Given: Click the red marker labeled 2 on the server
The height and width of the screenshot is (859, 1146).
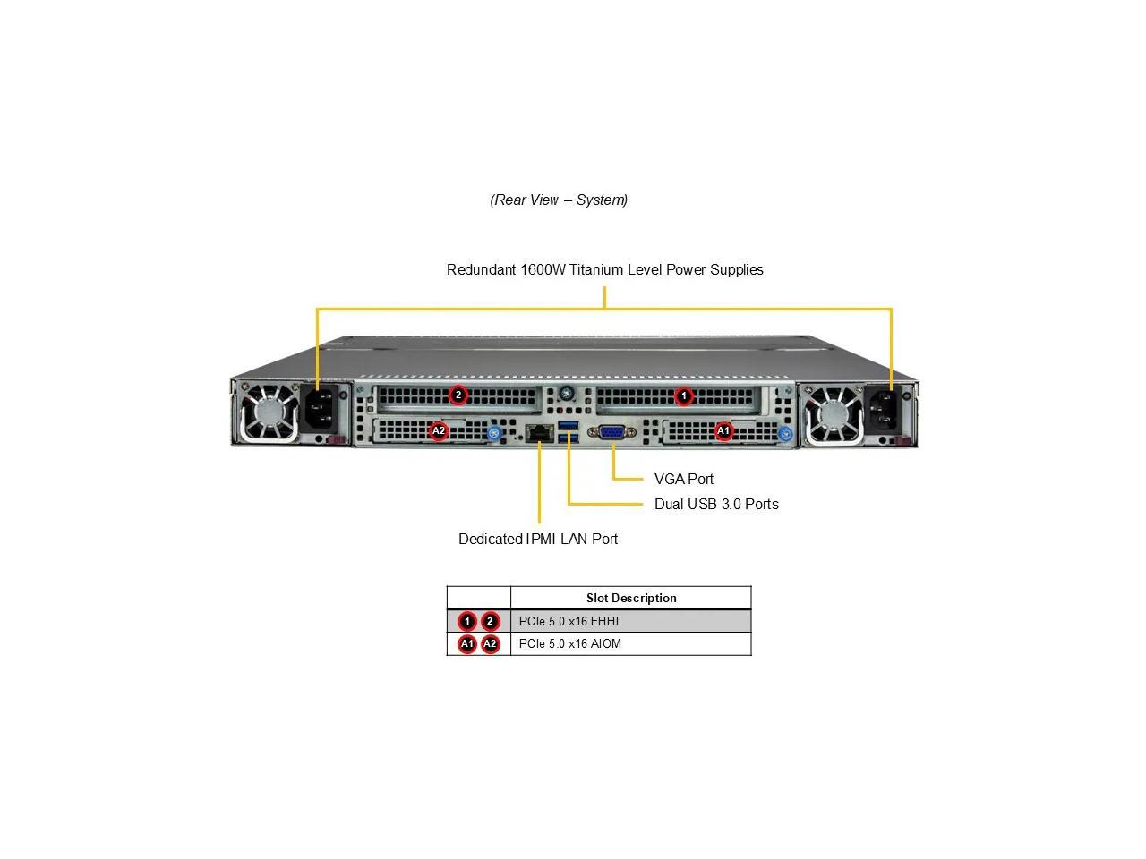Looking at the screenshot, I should [x=458, y=395].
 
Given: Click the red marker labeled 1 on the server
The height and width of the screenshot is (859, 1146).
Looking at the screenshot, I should [x=684, y=395].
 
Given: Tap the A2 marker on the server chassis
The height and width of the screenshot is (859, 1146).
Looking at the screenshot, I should [x=439, y=430].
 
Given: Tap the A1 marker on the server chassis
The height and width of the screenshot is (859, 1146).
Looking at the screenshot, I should [x=723, y=430].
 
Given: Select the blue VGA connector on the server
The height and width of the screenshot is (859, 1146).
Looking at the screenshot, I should [x=612, y=432].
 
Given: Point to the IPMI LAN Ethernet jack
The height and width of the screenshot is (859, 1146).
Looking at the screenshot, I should [x=539, y=433].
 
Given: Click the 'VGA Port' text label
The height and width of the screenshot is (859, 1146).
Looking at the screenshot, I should [x=684, y=479].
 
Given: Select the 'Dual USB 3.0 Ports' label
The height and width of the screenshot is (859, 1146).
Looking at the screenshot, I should [x=716, y=504].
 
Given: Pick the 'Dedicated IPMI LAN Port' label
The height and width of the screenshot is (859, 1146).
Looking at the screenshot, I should [x=538, y=539].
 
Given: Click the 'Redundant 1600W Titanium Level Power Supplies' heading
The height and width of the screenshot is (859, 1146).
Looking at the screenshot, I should [x=605, y=269].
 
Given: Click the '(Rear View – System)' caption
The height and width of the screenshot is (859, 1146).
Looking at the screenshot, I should [x=559, y=200].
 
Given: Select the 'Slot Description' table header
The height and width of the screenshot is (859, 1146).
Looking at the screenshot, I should [x=631, y=598].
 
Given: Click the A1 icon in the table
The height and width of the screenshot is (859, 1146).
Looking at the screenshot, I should [x=467, y=643].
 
